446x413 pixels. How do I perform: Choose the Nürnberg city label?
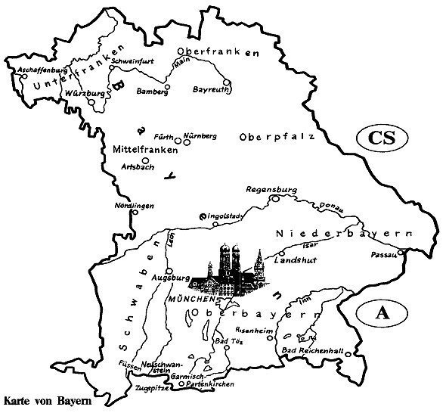(x=200, y=135)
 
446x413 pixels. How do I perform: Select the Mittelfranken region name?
(x=144, y=150)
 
